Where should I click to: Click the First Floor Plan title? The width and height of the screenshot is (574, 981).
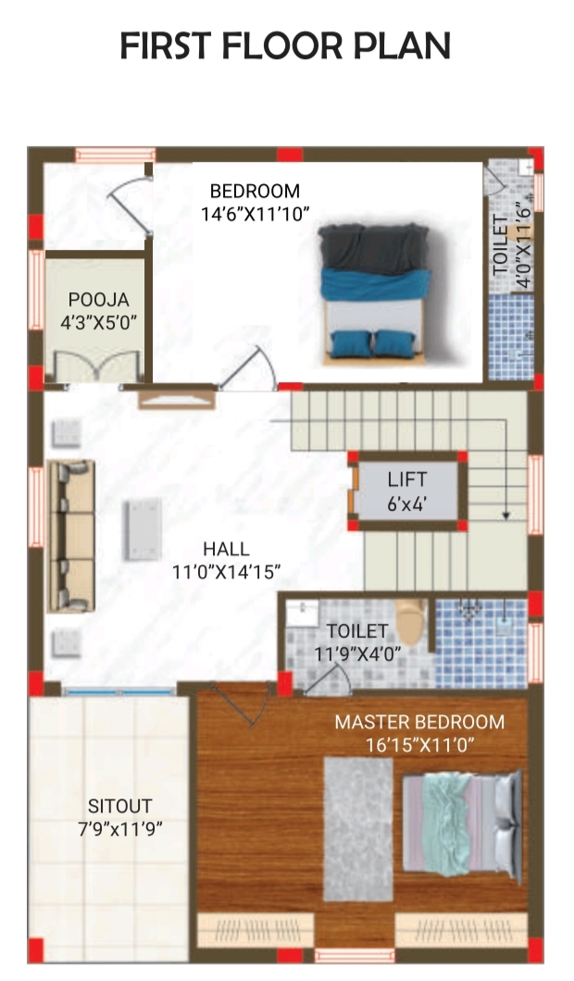point(285,46)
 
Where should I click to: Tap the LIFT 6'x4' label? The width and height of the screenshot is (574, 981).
point(406,491)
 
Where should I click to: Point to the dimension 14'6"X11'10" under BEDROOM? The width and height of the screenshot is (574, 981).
point(256,215)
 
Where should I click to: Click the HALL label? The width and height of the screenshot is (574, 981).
point(226,549)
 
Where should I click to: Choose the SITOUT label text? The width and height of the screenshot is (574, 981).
point(120,806)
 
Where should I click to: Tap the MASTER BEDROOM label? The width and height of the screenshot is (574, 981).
point(419,722)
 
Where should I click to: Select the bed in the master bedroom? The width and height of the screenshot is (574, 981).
point(461,825)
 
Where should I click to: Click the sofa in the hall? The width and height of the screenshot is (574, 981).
point(71,536)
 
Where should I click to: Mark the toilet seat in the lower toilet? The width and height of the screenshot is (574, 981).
point(410,621)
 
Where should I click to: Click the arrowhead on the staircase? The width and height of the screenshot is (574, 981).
point(505,515)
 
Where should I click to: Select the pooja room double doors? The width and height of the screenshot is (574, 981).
point(96,366)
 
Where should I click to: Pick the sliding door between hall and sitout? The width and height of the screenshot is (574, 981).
point(119,691)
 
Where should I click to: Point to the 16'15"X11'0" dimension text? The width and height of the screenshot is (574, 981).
point(419,744)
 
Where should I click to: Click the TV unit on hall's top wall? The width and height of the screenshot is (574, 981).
point(177,399)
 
